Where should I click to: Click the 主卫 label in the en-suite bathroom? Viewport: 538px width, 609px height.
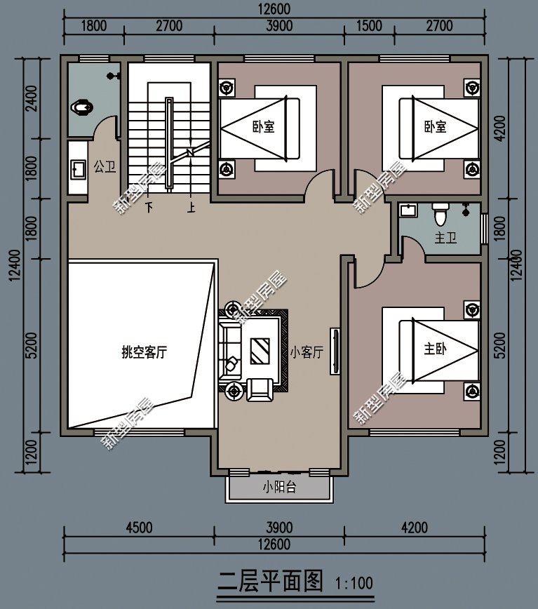point(445,239)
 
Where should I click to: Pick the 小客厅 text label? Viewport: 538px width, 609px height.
point(307,353)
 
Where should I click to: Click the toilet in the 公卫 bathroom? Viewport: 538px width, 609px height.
point(82,107)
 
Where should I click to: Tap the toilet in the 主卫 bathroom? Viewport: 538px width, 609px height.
point(441,211)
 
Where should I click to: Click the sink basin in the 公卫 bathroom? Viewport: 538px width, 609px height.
point(76,169)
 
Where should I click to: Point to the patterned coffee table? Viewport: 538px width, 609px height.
point(260,350)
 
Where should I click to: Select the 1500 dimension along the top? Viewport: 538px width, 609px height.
point(369,27)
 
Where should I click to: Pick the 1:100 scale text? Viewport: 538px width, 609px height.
point(354,583)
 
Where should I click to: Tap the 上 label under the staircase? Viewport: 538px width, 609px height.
point(191,208)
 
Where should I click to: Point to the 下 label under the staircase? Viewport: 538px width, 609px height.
point(149,208)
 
